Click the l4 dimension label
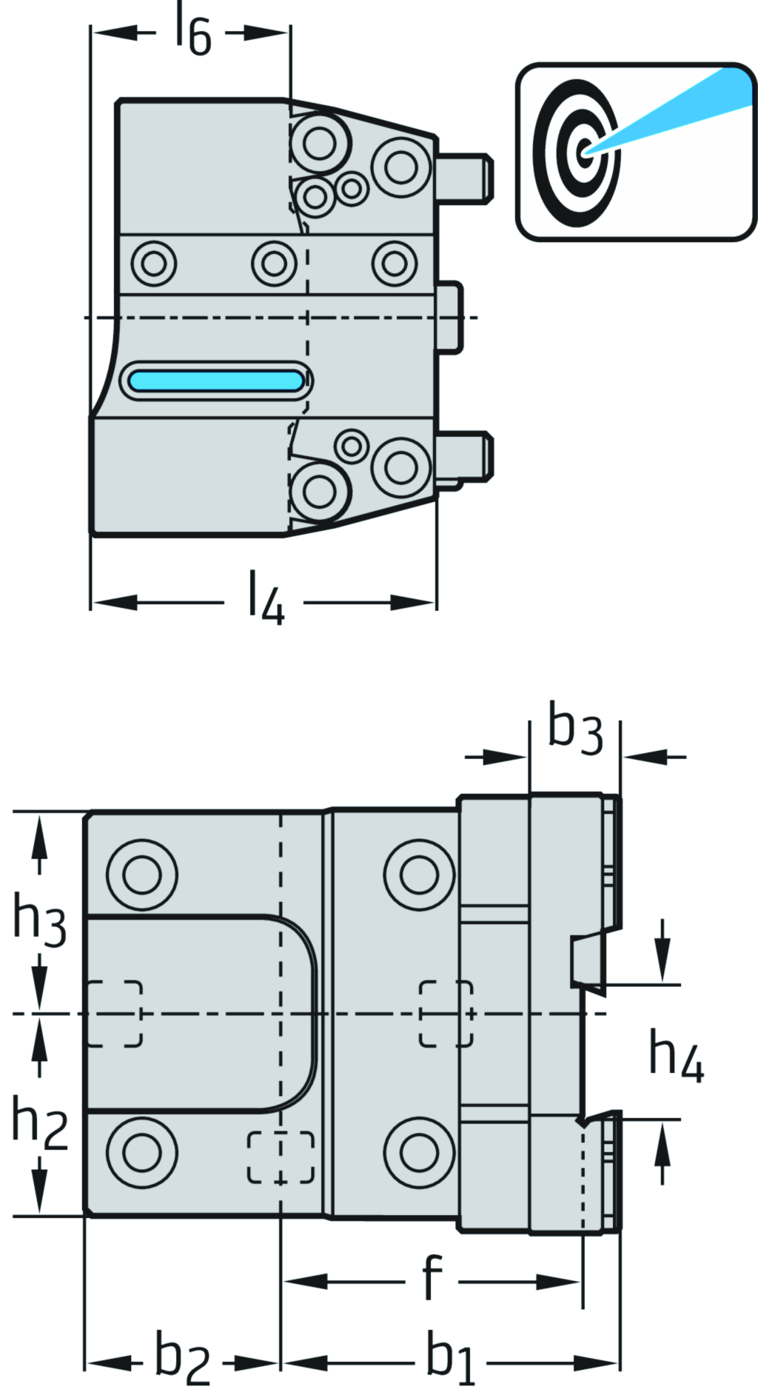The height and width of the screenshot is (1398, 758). (265, 598)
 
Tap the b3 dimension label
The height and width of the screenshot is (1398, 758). (575, 730)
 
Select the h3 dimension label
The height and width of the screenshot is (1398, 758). (39, 920)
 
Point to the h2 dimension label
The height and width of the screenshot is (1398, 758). (39, 1124)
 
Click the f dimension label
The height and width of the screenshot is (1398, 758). (432, 1276)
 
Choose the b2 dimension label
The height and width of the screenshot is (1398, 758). (182, 1358)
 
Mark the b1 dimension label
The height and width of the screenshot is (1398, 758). (450, 1358)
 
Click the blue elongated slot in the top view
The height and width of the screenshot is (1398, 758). (215, 381)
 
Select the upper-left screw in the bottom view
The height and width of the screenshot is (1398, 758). (142, 875)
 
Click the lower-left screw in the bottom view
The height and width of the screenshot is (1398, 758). (142, 1152)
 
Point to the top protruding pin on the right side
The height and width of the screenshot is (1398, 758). (465, 178)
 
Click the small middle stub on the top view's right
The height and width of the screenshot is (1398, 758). (449, 318)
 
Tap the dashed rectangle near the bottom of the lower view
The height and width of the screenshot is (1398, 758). (281, 1157)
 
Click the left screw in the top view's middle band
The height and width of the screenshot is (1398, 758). (153, 262)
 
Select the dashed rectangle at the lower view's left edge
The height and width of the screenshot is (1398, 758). (114, 1014)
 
